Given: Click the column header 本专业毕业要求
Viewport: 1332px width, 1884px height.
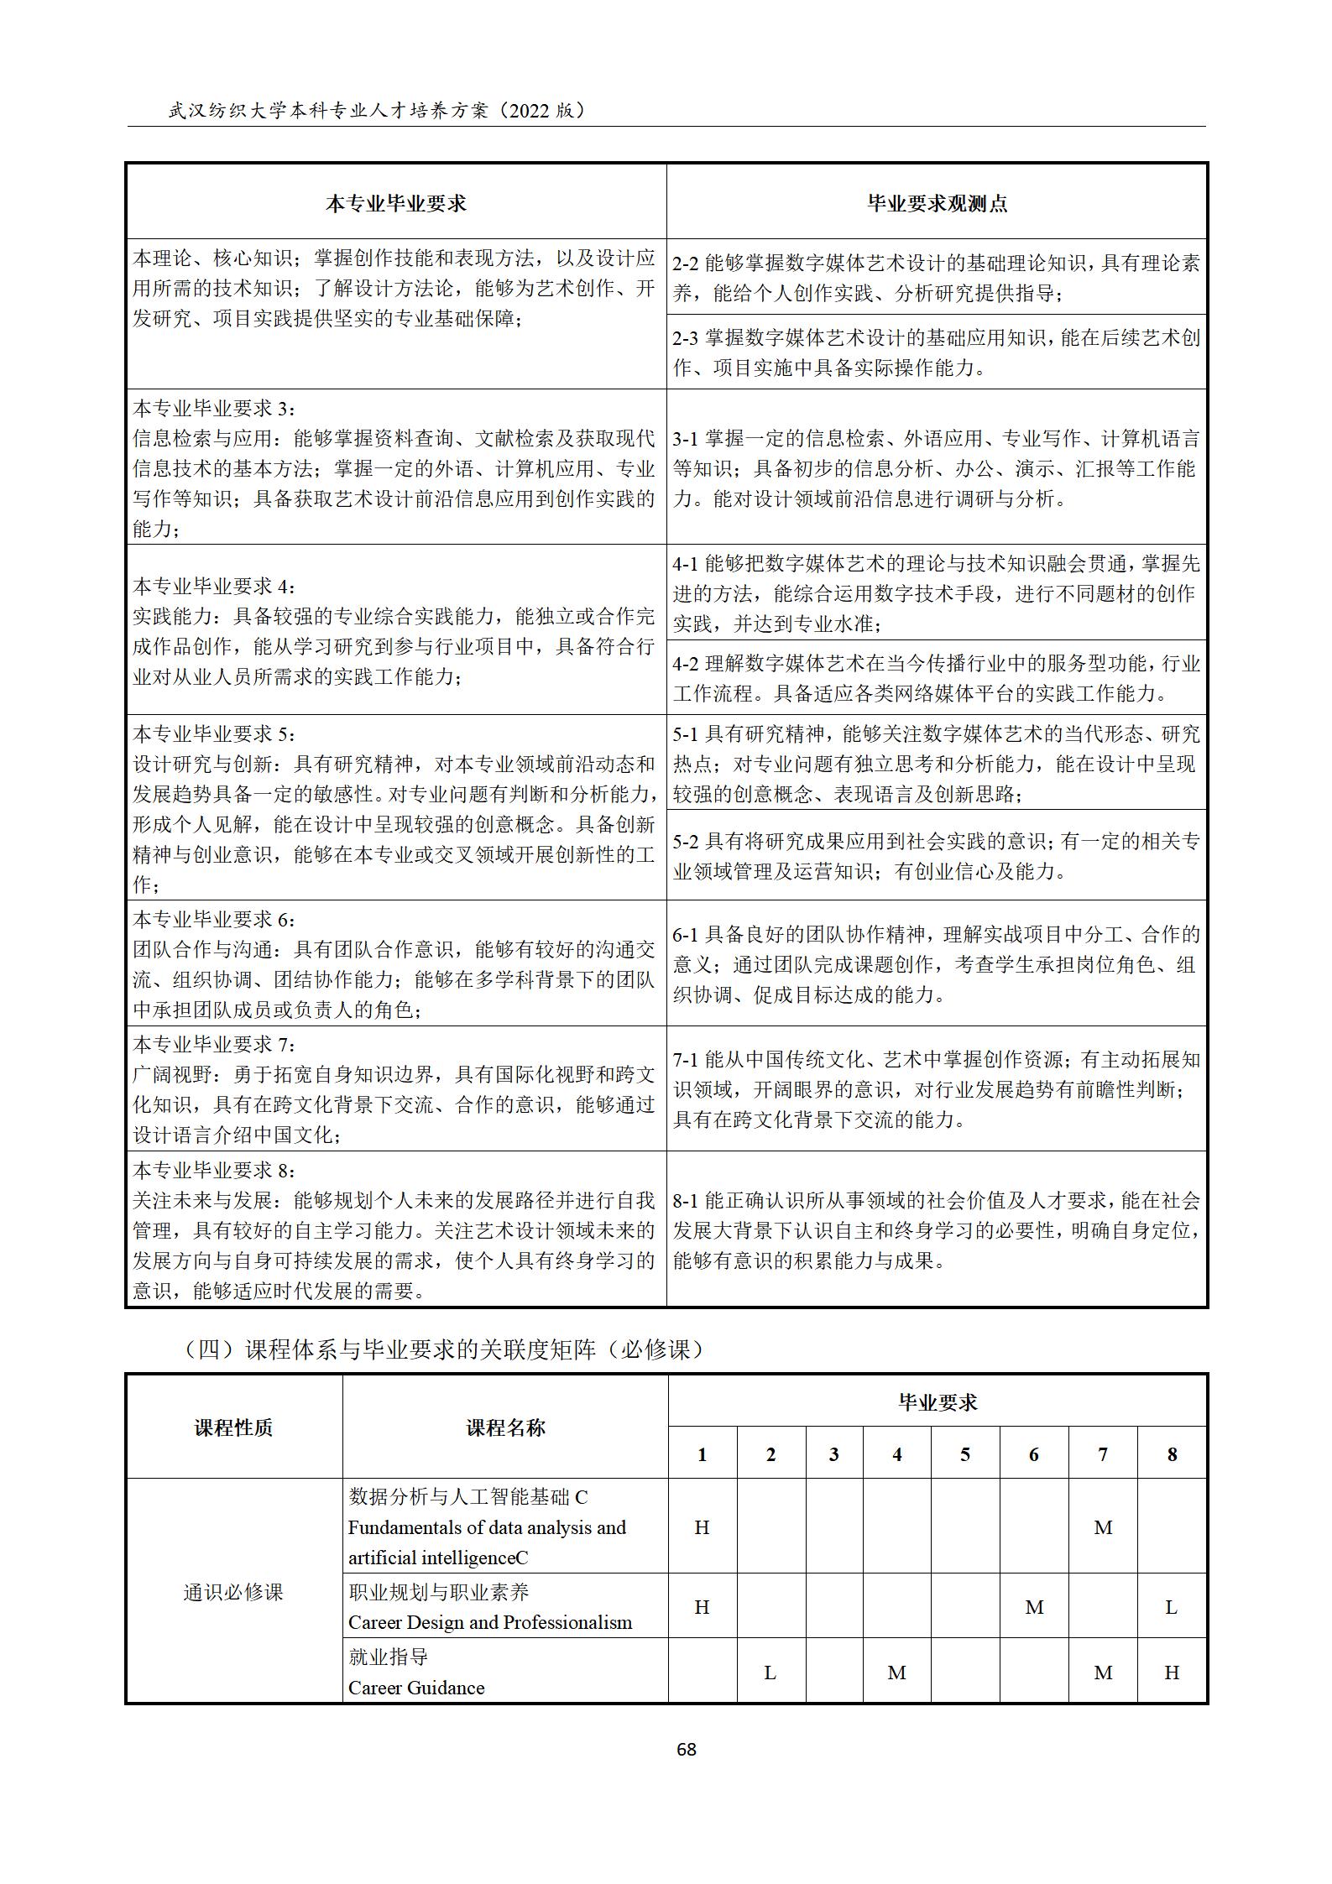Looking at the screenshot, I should (x=395, y=203).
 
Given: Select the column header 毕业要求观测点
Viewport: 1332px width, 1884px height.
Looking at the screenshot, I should (x=937, y=203).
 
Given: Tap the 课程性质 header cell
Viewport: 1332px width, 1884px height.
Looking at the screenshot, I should (x=233, y=1427).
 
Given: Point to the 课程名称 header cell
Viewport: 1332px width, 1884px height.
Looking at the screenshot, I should (x=505, y=1427).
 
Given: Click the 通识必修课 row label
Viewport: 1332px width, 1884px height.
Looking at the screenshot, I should (x=233, y=1592).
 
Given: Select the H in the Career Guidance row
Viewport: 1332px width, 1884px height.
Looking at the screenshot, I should (x=1172, y=1673).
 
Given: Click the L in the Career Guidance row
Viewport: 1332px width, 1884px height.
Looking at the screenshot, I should (x=770, y=1673).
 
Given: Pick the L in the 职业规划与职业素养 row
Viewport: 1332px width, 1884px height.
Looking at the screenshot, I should (x=1172, y=1607).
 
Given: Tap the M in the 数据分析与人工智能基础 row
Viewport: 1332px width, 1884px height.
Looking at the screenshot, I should (x=1103, y=1527).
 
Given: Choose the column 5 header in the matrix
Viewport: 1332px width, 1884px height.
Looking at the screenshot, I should (x=965, y=1454).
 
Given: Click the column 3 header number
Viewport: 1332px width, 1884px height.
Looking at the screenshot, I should (x=833, y=1454).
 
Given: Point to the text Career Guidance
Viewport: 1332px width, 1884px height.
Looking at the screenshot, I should (x=416, y=1688).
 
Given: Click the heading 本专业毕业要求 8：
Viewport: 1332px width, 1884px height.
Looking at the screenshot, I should (x=215, y=1170).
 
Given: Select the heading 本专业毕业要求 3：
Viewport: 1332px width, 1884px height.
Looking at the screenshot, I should (x=215, y=408).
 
